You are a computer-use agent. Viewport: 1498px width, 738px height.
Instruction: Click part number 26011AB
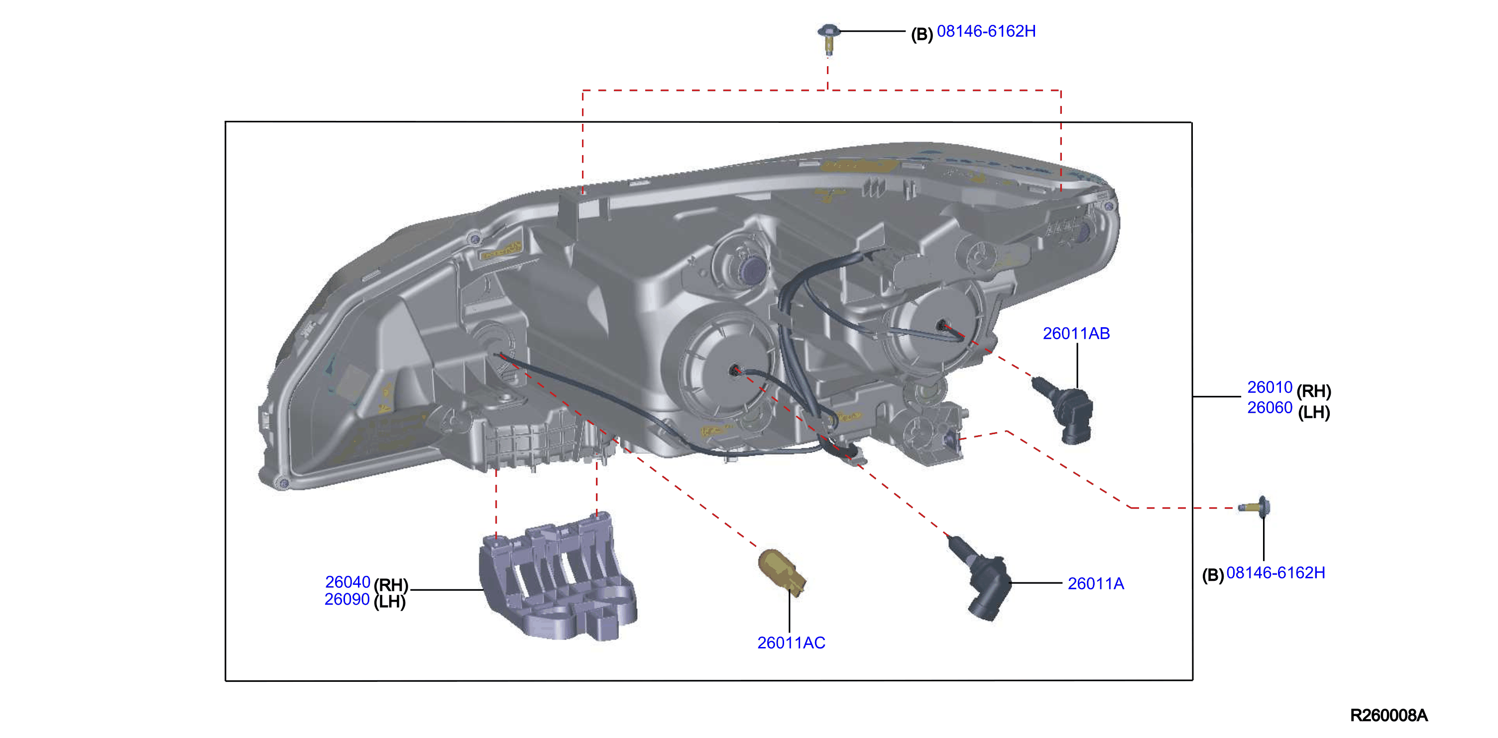[1076, 334]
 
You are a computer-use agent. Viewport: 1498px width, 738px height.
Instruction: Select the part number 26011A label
[1096, 583]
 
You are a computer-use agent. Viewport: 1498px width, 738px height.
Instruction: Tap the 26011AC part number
[791, 643]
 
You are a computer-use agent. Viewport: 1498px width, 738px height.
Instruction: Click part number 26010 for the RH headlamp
[1269, 387]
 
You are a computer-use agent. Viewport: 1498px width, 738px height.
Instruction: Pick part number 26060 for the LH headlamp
[1269, 408]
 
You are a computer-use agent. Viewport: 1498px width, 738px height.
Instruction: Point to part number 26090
[347, 599]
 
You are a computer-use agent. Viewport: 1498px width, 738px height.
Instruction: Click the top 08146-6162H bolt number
[986, 31]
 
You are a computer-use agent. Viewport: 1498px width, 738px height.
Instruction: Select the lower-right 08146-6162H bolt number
[1276, 573]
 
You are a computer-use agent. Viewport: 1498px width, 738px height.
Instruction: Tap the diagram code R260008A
[1388, 715]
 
